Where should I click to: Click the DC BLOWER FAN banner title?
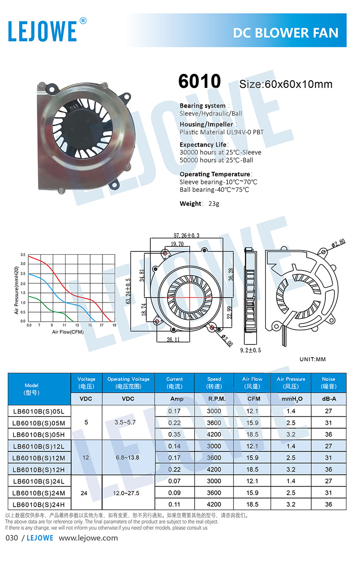point(285,33)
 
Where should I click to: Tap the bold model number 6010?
point(199,81)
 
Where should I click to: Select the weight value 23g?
point(214,204)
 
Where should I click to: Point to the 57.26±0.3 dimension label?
point(186,236)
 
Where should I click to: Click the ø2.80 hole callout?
point(338,243)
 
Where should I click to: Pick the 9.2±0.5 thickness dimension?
point(251,350)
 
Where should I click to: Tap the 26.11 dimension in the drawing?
point(173,340)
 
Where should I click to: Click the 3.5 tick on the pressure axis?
point(23,255)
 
